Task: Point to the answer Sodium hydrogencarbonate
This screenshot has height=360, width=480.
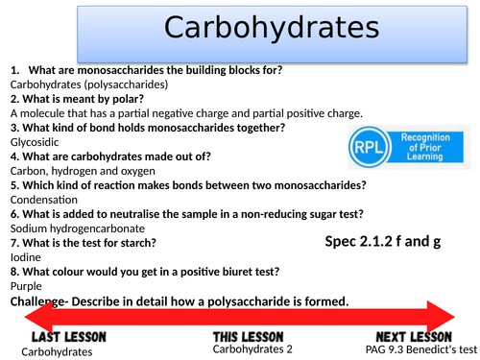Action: point(78,228)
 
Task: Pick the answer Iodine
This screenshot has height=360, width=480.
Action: point(26,257)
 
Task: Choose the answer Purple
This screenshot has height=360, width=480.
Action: point(27,286)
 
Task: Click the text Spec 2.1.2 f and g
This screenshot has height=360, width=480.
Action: point(382,242)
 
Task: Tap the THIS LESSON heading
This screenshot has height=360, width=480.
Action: point(247,338)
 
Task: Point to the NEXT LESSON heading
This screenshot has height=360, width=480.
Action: point(414,338)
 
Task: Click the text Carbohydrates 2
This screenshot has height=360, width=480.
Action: point(249,351)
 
